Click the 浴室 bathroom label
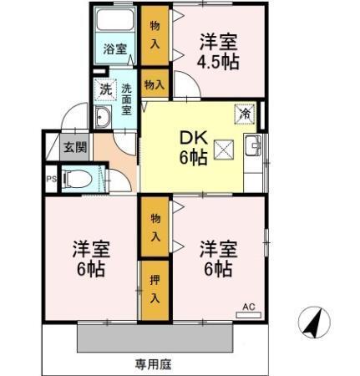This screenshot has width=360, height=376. [x=115, y=48]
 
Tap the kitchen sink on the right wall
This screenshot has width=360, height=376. [x=253, y=149]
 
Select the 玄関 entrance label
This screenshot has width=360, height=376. [x=75, y=147]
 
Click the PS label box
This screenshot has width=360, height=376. [x=51, y=178]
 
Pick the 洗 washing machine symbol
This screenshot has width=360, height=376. [x=104, y=88]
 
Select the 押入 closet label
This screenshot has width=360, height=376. [x=155, y=288]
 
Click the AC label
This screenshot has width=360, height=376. [x=248, y=307]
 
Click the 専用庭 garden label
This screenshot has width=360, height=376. [x=154, y=363]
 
